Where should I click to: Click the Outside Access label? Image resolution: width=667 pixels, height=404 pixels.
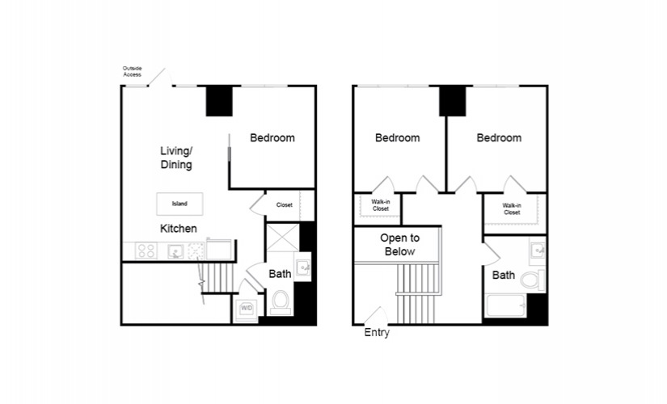click(133, 71)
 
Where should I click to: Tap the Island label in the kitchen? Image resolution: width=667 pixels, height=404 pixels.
click(179, 204)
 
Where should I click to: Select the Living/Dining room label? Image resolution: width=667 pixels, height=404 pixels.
click(176, 158)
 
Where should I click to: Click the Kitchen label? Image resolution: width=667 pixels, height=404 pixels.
click(179, 229)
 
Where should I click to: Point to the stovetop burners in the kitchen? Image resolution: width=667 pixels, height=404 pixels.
click(146, 250)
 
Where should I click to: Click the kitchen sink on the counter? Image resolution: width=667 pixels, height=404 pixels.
click(175, 251)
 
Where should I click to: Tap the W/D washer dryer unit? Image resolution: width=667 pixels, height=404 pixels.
click(247, 308)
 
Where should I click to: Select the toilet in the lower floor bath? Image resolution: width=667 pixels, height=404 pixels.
click(281, 302)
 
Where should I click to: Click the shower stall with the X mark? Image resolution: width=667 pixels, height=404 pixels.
click(283, 238)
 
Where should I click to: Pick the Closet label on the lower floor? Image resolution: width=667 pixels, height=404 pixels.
click(284, 205)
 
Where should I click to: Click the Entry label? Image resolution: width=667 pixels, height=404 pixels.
click(377, 333)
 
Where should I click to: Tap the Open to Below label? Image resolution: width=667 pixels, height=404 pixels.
click(400, 245)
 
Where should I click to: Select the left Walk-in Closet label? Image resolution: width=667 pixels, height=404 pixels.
click(381, 205)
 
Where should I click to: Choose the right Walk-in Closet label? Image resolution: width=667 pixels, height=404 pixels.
click(512, 208)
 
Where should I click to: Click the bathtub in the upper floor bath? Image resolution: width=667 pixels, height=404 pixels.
click(506, 305)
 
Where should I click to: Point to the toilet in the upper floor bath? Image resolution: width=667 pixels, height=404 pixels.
click(533, 280)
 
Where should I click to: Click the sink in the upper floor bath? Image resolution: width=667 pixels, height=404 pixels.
click(538, 249)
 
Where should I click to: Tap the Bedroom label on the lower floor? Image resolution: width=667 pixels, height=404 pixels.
click(272, 138)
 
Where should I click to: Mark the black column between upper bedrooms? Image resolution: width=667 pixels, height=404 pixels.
click(453, 101)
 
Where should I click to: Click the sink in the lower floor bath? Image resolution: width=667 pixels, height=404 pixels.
click(303, 267)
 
